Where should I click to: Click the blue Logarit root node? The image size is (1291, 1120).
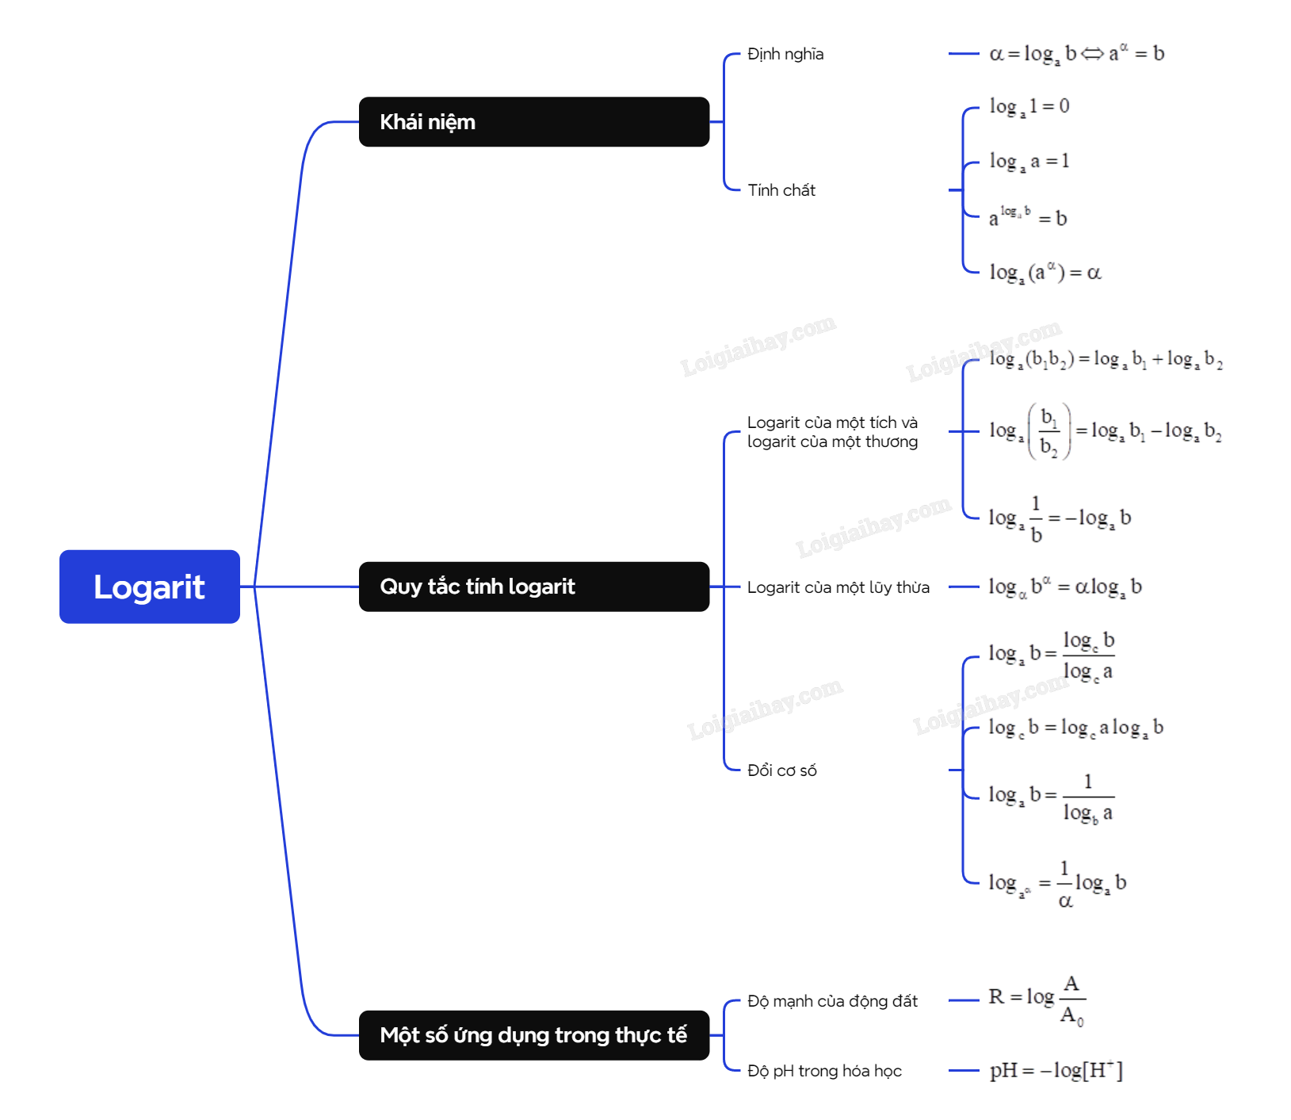pyautogui.click(x=150, y=587)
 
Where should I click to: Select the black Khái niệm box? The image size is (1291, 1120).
pyautogui.click(x=533, y=122)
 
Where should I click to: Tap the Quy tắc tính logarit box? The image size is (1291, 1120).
pyautogui.click(x=533, y=587)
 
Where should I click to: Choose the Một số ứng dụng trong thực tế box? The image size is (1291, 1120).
pyautogui.click(x=533, y=1035)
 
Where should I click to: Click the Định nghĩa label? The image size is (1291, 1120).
pyautogui.click(x=785, y=54)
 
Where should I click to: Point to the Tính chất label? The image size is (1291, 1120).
pyautogui.click(x=781, y=190)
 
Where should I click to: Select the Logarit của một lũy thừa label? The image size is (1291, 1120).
pyautogui.click(x=838, y=587)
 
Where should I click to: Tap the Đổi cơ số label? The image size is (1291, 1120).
pyautogui.click(x=781, y=770)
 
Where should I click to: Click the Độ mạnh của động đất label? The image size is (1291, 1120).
pyautogui.click(x=832, y=1001)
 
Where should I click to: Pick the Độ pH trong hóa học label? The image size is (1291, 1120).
pyautogui.click(x=824, y=1071)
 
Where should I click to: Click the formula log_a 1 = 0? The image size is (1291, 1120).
pyautogui.click(x=1029, y=107)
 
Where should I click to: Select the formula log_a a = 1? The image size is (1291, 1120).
pyautogui.click(x=1029, y=162)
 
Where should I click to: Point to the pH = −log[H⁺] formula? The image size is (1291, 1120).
pyautogui.click(x=1056, y=1071)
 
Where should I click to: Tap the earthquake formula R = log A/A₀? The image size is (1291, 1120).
pyautogui.click(x=1037, y=999)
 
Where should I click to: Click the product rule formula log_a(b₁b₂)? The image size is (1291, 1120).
pyautogui.click(x=1105, y=360)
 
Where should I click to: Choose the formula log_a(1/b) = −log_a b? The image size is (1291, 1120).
pyautogui.click(x=1059, y=518)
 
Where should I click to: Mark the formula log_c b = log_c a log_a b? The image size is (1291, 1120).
pyautogui.click(x=1075, y=728)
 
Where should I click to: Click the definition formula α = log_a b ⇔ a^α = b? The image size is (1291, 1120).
pyautogui.click(x=1076, y=54)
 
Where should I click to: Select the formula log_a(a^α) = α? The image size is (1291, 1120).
pyautogui.click(x=1045, y=273)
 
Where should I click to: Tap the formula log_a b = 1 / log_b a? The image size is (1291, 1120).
pyautogui.click(x=1051, y=796)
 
